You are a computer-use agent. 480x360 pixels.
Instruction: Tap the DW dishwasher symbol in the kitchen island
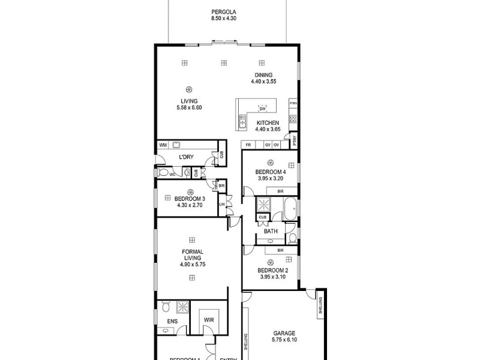(262, 109)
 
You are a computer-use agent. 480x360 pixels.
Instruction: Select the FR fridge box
(247, 145)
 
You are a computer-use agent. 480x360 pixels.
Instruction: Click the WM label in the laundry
(163, 145)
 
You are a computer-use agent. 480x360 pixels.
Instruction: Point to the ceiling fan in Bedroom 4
(270, 163)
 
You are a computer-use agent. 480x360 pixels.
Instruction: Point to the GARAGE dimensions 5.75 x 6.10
(284, 338)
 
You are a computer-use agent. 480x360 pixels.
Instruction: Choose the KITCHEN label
(268, 122)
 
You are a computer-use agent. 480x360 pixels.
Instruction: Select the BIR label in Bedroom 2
(280, 250)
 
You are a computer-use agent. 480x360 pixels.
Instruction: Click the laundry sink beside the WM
(177, 145)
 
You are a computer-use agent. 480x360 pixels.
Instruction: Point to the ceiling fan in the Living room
(190, 85)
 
